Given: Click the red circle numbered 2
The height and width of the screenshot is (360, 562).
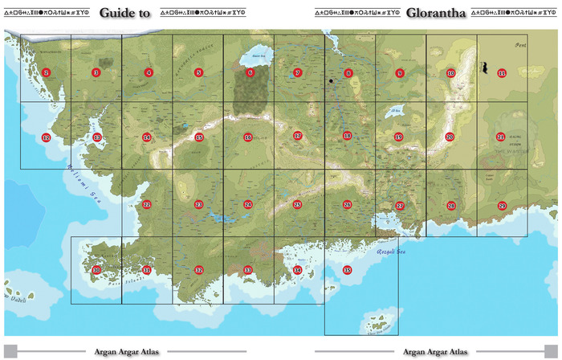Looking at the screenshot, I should (x=46, y=73).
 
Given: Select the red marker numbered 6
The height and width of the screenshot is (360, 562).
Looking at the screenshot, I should (x=250, y=73).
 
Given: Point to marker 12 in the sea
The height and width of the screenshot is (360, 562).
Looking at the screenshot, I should (x=46, y=137).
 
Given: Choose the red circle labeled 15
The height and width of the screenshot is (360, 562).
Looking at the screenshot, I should (x=198, y=137).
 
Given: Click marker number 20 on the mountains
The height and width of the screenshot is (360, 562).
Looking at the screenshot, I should (x=450, y=137).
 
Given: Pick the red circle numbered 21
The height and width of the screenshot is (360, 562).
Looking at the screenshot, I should (x=501, y=137).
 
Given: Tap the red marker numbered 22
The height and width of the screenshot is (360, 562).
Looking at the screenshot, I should (x=147, y=205).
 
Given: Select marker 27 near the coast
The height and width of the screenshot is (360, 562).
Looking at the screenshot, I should (x=400, y=206).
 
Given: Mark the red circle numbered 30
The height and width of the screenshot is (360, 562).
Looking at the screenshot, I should (x=96, y=270).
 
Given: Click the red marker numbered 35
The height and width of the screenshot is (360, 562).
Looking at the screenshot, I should (x=347, y=270).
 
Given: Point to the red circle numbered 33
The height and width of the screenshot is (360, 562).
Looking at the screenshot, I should (x=248, y=270).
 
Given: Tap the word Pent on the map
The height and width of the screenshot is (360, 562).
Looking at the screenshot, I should (x=519, y=47).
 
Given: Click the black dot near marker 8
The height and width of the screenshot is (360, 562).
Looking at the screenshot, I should (x=330, y=81).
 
